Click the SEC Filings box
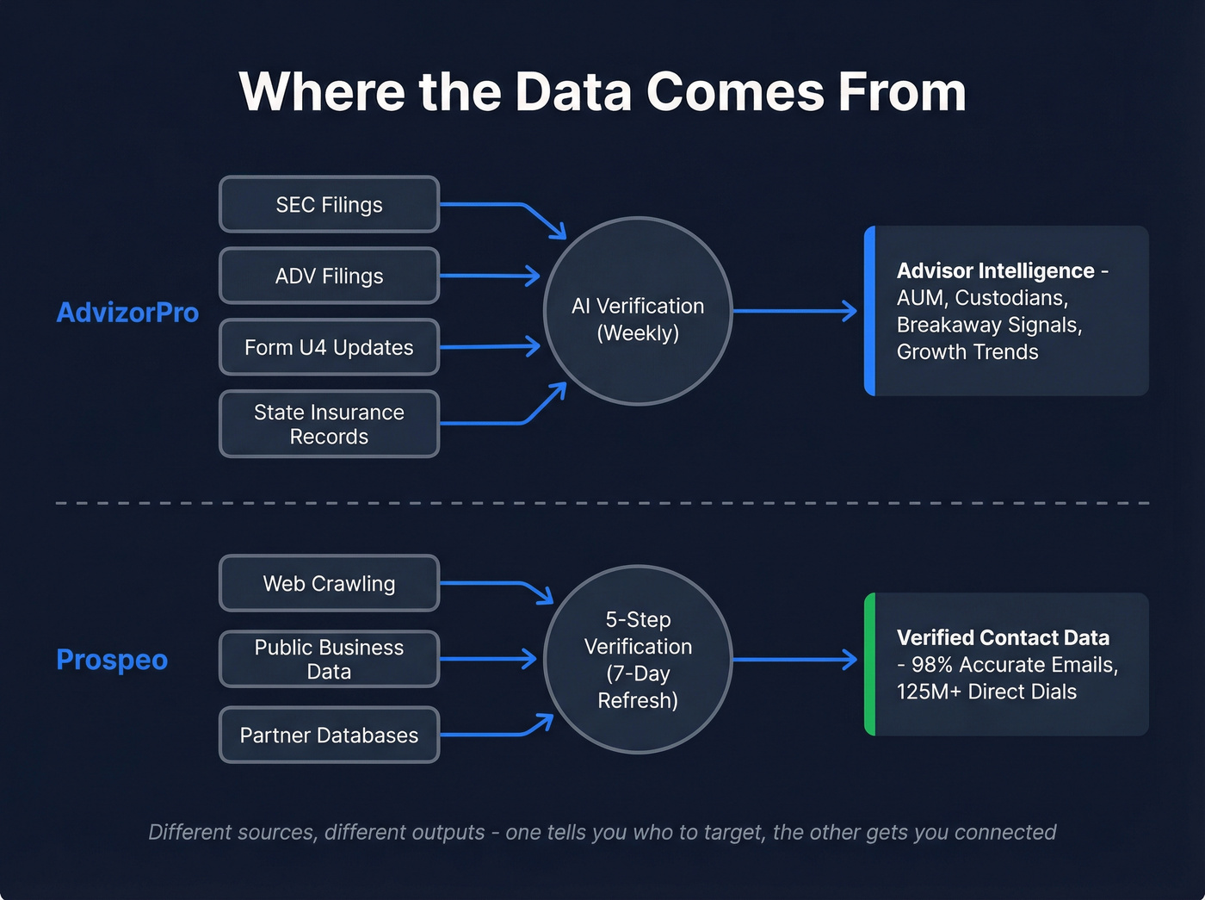329,205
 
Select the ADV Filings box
329,276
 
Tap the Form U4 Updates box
329,348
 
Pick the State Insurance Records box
329,425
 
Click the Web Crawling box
329,584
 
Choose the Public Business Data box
329,660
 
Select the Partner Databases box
329,736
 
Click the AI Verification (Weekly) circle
638,312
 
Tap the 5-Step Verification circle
638,660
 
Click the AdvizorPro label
127,313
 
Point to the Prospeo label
112,660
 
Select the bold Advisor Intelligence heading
995,271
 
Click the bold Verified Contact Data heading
1003,638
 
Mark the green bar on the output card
870,664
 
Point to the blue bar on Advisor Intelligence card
870,311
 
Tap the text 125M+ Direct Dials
986,692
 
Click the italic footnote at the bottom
602,833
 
